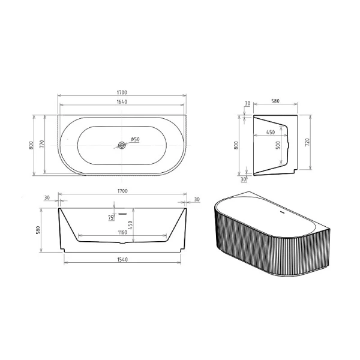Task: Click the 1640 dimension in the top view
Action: click(x=122, y=102)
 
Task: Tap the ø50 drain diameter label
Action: click(x=135, y=139)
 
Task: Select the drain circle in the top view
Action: click(x=122, y=145)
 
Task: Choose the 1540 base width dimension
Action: click(x=122, y=259)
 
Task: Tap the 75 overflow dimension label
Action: click(x=110, y=218)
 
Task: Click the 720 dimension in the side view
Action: click(x=307, y=142)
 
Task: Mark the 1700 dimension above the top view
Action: click(x=122, y=92)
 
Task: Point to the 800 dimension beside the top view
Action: click(x=31, y=145)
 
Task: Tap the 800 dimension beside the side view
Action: click(x=237, y=145)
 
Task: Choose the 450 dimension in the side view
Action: click(x=271, y=132)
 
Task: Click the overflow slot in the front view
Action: click(x=122, y=212)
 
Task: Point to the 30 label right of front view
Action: click(x=197, y=199)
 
